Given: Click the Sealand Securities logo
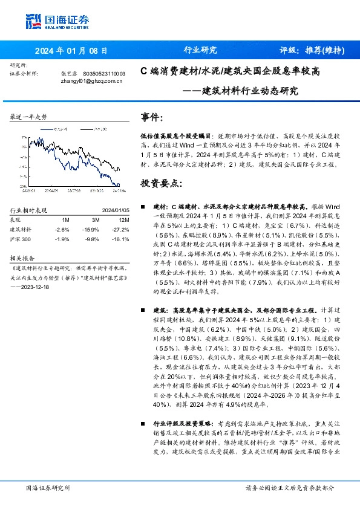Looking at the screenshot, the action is point(57,22).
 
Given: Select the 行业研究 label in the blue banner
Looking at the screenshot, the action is point(200,51).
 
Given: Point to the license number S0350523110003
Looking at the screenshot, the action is point(103,74).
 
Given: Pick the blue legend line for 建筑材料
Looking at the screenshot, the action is point(49,129).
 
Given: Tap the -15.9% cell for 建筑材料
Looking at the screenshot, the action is point(91,230).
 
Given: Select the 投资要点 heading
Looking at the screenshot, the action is point(162,183).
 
